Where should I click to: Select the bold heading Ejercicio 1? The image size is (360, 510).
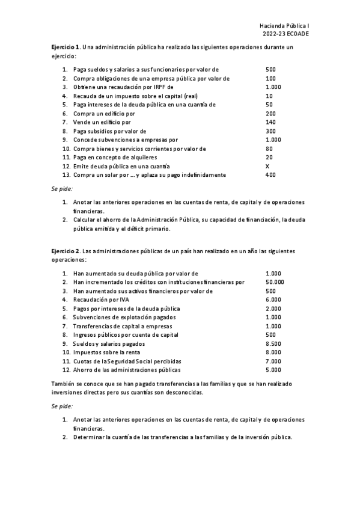pos(64,47)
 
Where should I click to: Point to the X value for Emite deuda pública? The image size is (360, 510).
pos(267,166)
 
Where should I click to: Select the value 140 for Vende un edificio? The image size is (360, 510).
pos(270,122)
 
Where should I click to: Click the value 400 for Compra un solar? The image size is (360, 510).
pos(270,175)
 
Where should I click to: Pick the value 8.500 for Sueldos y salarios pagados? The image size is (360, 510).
pos(272,343)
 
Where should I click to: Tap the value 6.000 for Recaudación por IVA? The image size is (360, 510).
pos(272,300)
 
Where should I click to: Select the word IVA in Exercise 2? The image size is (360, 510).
pos(120,300)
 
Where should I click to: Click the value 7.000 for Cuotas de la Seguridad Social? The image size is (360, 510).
pos(272,361)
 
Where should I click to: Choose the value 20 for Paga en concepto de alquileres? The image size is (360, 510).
pos(268,158)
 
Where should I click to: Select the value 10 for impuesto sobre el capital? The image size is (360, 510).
pos(268,96)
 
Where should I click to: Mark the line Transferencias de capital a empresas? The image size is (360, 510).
pos(120,326)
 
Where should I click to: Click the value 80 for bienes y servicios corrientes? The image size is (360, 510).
pos(268,149)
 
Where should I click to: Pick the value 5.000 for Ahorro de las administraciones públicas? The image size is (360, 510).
pos(272,370)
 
